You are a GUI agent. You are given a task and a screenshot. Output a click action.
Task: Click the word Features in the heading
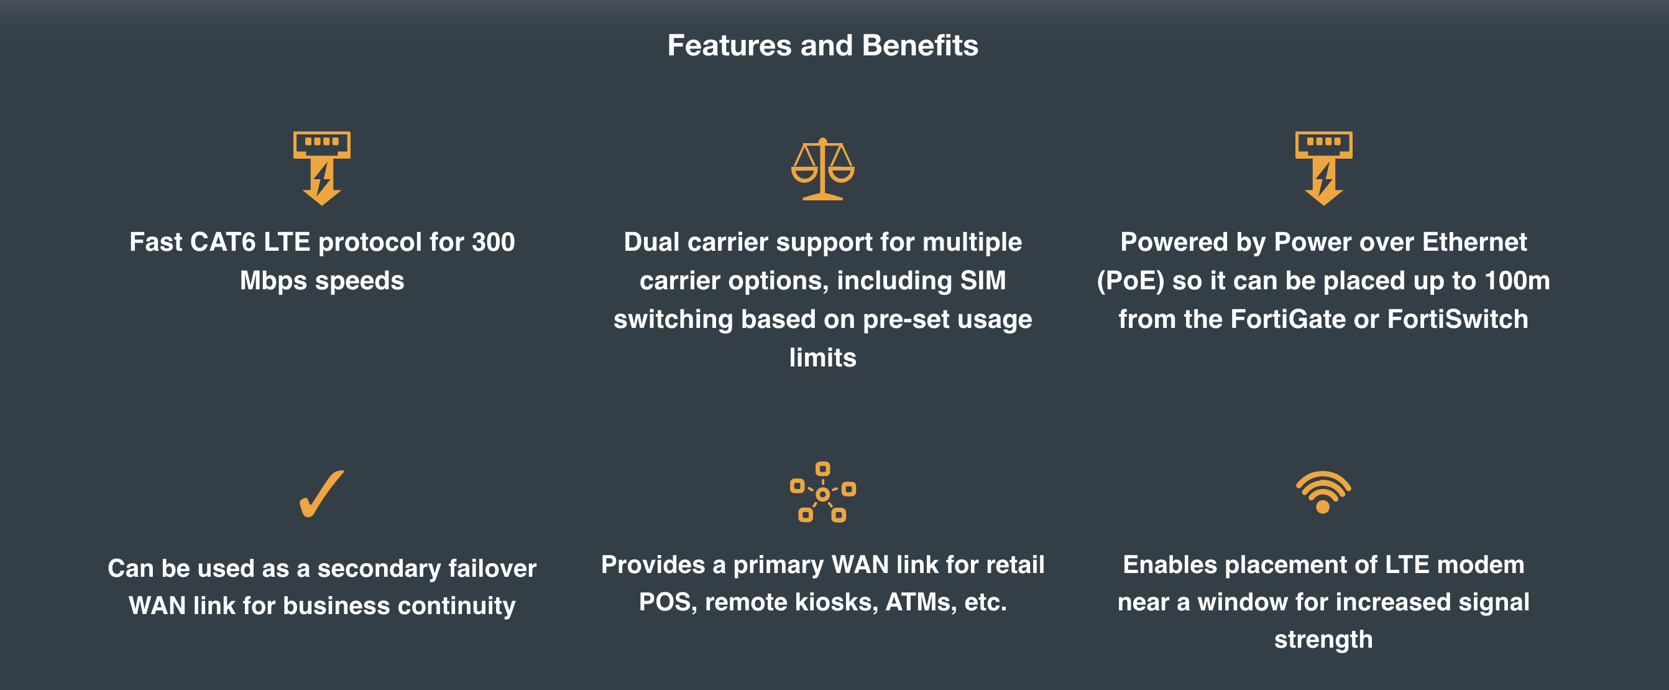point(730,45)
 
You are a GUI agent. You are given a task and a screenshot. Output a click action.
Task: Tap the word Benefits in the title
point(920,45)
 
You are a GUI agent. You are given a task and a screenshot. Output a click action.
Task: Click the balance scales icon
point(823,169)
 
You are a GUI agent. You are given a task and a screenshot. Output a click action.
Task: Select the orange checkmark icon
point(321,494)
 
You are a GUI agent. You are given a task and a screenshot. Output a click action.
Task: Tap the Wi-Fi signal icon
point(1323,492)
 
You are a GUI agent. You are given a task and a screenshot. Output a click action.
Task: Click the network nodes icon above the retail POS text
point(823,492)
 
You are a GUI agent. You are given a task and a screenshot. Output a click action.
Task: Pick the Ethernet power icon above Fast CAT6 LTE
point(322,168)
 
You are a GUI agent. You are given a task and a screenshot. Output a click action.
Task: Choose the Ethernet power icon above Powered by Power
point(1323,168)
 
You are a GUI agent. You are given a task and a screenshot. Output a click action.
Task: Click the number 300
point(493,243)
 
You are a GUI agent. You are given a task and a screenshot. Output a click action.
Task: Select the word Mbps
point(274,281)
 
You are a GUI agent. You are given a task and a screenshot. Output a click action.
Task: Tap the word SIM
point(983,281)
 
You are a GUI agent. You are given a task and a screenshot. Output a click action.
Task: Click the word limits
point(823,358)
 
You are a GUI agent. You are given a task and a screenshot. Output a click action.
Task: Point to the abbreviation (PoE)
point(1131,281)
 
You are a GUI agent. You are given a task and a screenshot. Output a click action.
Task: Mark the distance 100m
point(1517,281)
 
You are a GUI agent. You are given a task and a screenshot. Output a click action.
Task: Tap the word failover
point(492,569)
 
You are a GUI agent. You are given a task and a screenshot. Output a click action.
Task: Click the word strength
point(1323,640)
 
